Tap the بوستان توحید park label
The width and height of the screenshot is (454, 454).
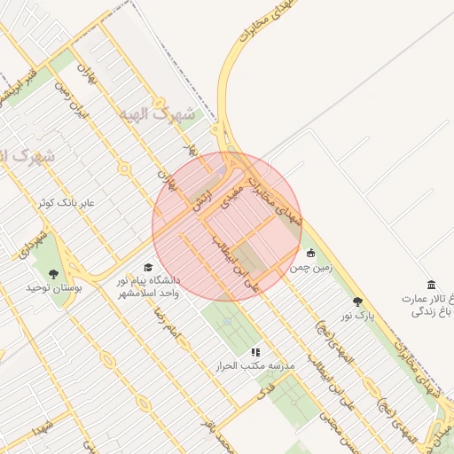pos(53,288)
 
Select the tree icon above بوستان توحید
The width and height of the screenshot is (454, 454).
pos(53,273)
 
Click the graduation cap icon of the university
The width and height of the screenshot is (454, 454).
pos(148,266)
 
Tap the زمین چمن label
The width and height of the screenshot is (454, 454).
pos(310,267)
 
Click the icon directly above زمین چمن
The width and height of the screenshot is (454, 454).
pos(310,252)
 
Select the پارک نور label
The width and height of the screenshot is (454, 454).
pos(359,315)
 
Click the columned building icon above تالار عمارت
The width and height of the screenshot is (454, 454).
pos(431,284)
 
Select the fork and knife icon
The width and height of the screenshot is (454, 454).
pos(256,351)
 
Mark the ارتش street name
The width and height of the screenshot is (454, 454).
pos(201,200)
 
